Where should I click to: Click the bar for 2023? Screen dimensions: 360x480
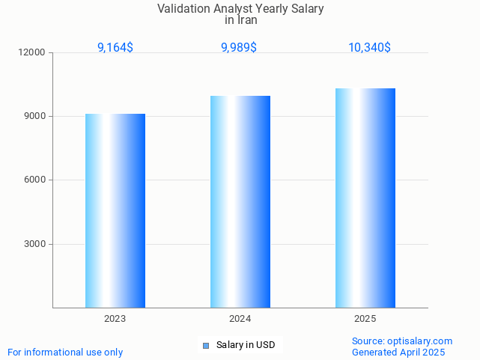point(115,210)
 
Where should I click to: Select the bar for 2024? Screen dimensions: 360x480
point(240,201)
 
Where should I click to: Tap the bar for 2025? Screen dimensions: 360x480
point(365,198)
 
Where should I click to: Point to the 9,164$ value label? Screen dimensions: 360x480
point(115,47)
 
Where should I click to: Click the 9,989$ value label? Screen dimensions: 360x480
point(239,47)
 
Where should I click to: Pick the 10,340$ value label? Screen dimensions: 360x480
point(369,47)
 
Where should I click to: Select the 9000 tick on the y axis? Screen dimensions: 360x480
point(36,116)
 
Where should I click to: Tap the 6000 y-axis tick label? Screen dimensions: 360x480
point(36,180)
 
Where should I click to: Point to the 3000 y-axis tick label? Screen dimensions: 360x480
point(36,244)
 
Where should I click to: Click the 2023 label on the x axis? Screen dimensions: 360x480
point(115,319)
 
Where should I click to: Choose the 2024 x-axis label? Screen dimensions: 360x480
point(240,319)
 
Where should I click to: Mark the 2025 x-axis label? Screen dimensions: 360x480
point(365,319)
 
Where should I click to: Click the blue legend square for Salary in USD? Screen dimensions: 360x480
point(206,345)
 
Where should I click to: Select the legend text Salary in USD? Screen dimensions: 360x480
point(246,345)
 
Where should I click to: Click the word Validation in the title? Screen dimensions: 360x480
point(183,9)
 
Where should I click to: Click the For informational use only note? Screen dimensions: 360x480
point(65,352)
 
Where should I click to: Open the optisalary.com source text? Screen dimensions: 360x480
point(402,341)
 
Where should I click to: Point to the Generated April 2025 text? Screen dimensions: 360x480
point(398,352)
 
